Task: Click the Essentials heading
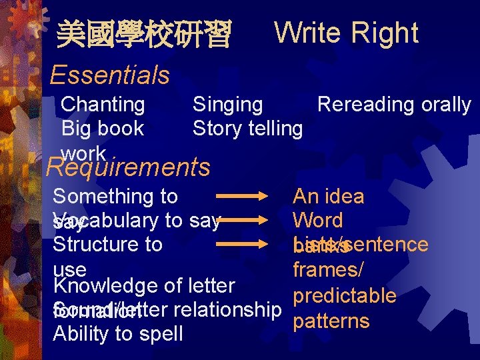click(109, 75)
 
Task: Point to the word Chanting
click(103, 104)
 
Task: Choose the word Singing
click(227, 104)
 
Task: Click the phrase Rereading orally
click(394, 104)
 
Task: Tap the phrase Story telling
click(247, 127)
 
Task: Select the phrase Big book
click(103, 127)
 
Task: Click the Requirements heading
click(128, 167)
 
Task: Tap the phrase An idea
click(329, 196)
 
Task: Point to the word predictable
click(345, 295)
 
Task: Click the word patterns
click(331, 321)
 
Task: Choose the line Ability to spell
click(117, 333)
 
